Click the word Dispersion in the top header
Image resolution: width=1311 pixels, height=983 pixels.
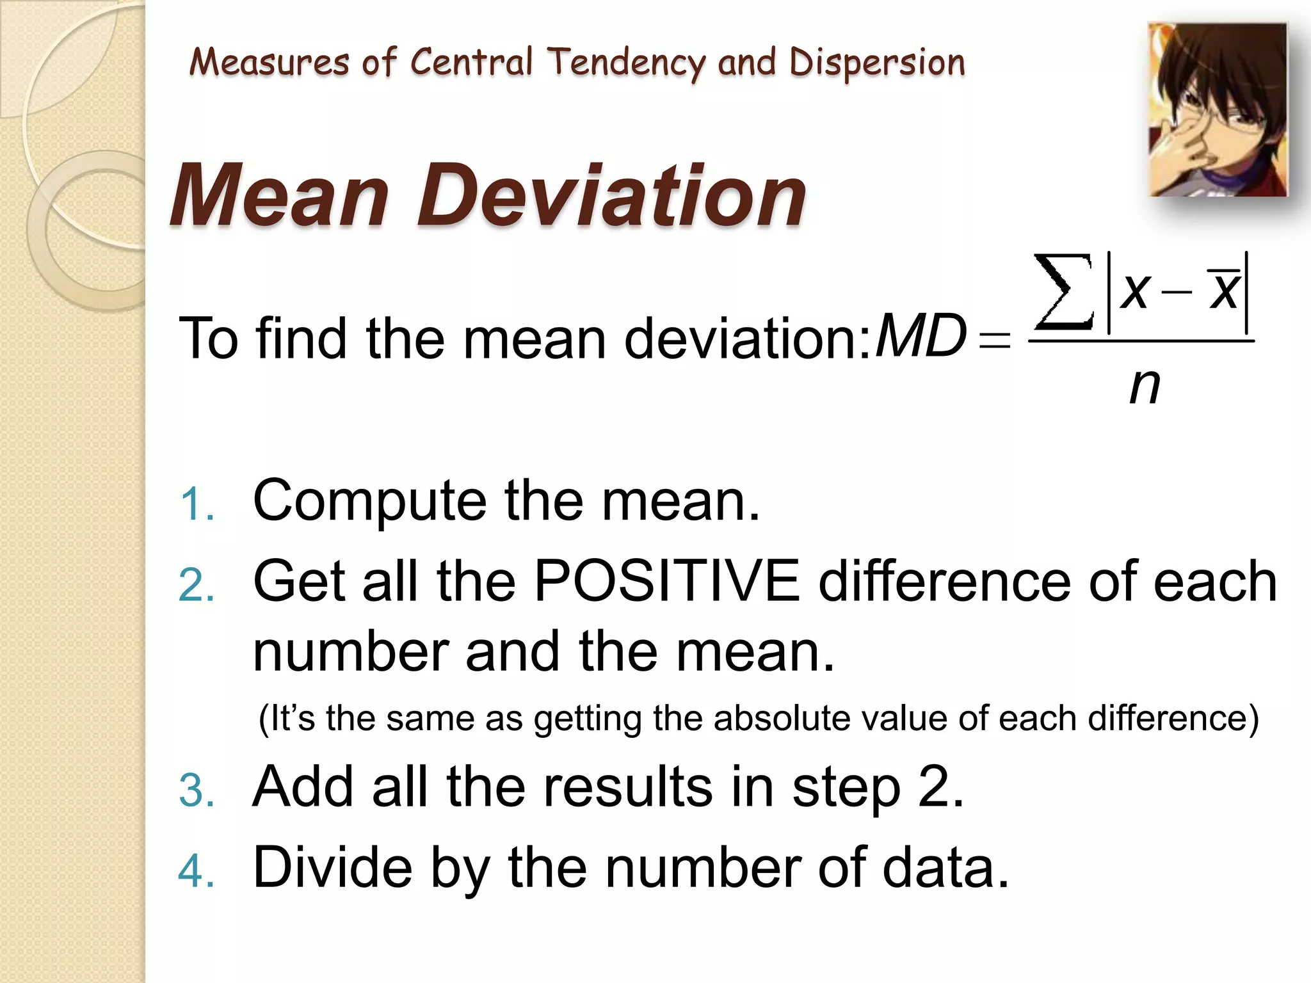(876, 63)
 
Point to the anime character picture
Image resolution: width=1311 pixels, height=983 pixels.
(1218, 109)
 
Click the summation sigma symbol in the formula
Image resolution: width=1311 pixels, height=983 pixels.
(1063, 292)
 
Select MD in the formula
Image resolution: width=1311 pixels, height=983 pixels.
(920, 336)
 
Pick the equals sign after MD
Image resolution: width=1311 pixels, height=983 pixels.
(995, 339)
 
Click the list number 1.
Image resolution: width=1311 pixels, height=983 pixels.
(197, 504)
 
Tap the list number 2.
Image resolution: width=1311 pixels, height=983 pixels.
(197, 585)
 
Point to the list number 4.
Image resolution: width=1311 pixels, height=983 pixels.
(197, 871)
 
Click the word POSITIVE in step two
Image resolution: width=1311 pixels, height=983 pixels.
(666, 581)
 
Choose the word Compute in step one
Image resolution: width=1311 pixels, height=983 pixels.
(369, 501)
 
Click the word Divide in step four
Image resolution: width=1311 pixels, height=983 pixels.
(332, 867)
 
